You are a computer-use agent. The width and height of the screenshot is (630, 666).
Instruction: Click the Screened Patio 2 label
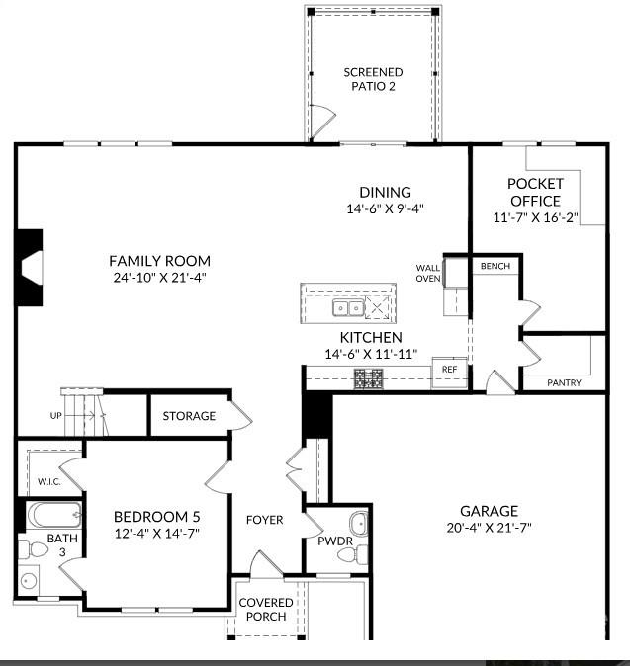coord(374,79)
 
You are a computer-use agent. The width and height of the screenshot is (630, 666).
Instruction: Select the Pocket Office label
coord(535,192)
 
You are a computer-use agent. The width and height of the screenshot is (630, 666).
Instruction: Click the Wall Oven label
coord(428,273)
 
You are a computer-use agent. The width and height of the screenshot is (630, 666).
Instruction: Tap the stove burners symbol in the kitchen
coord(369,376)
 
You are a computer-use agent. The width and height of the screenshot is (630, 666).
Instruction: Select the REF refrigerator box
coord(450,370)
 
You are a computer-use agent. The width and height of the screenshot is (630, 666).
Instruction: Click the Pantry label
coord(564,382)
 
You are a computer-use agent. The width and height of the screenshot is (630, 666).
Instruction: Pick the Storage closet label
coord(189,416)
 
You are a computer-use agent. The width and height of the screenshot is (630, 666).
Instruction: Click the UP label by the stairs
coord(56,416)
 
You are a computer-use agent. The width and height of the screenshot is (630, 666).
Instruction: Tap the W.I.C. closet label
coord(50,482)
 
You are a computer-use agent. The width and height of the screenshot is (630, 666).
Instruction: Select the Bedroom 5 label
coord(156,516)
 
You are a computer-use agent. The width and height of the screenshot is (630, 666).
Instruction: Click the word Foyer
coord(265,520)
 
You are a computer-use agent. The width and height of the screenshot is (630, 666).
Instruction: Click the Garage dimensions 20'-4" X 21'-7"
coord(489,528)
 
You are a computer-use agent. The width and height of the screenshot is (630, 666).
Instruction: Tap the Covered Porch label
coord(266,609)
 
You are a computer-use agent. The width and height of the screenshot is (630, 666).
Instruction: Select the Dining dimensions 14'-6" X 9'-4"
coord(385,208)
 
